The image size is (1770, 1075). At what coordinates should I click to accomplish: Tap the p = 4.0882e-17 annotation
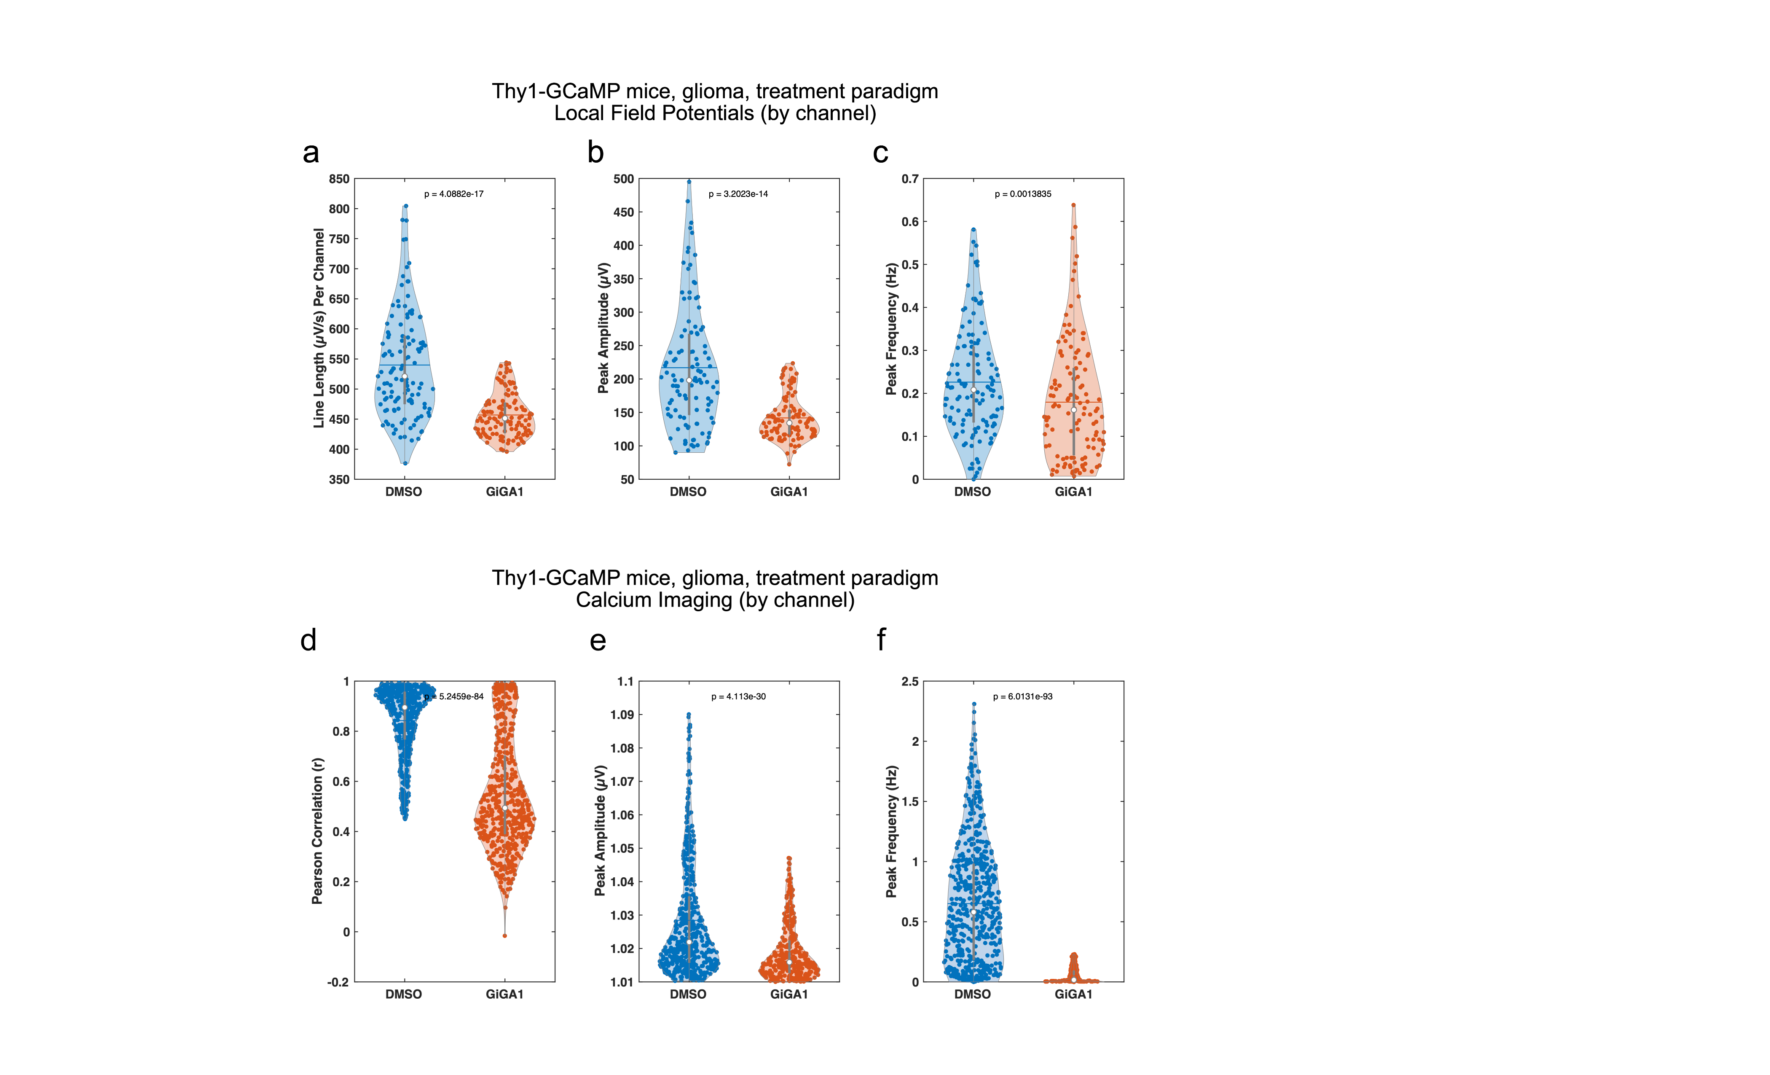pos(453,194)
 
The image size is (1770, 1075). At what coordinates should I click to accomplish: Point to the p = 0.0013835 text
pos(1022,194)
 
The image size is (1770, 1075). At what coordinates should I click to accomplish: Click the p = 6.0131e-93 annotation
pos(1022,696)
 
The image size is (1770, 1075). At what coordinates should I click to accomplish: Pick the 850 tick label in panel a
pos(339,179)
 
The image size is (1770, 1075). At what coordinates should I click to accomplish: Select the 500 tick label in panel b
pos(624,179)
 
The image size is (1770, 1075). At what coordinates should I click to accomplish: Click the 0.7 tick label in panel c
pos(910,179)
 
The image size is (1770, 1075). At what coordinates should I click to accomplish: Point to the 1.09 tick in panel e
pos(622,715)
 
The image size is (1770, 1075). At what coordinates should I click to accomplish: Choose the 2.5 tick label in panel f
pos(910,681)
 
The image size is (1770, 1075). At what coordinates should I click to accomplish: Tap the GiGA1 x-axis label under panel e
pos(789,994)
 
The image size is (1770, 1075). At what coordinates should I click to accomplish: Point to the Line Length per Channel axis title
pos(318,328)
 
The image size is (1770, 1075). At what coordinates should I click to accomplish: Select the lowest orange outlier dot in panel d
pos(505,935)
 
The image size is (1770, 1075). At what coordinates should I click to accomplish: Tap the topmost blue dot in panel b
pos(689,182)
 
